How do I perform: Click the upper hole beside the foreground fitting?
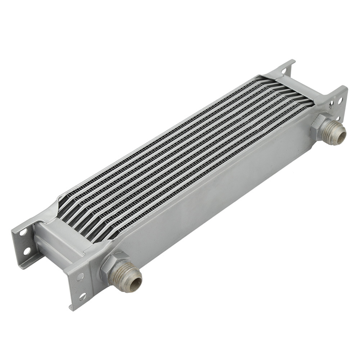point(80,276)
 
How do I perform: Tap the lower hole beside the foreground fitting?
point(82,296)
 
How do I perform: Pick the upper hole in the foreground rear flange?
point(23,232)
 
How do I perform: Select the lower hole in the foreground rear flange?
point(27,251)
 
